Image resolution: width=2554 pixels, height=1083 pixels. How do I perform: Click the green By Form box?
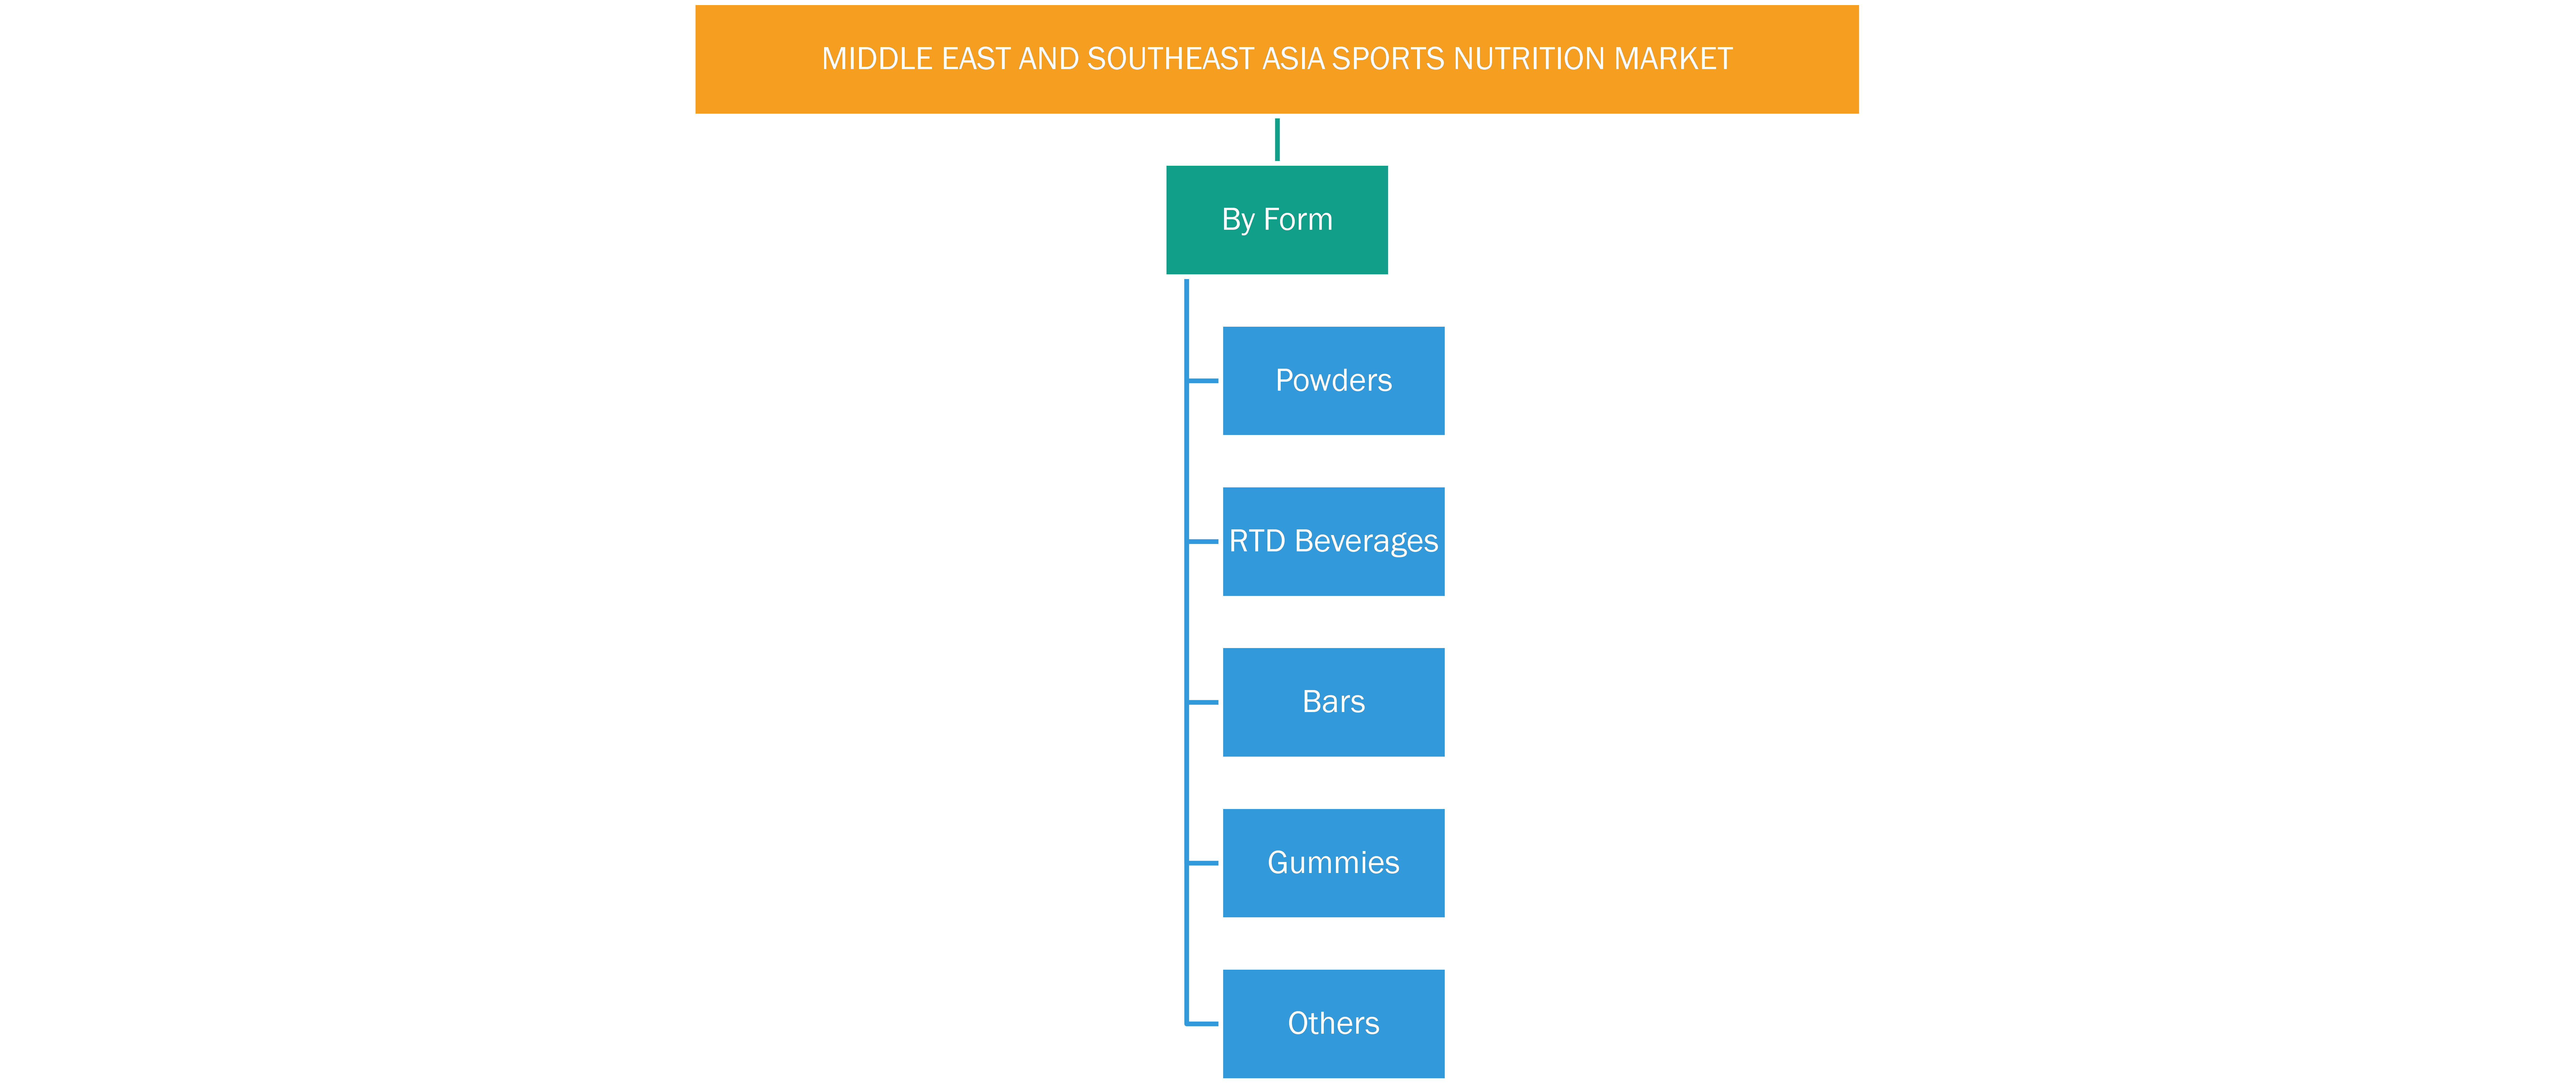point(1277,220)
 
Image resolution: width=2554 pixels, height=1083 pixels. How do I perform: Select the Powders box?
point(1334,381)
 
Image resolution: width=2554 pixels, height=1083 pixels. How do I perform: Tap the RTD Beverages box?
point(1334,541)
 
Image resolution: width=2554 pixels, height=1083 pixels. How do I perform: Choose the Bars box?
point(1334,702)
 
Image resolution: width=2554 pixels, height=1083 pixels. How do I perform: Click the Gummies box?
point(1334,863)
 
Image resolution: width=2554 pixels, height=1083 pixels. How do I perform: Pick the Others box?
point(1334,1024)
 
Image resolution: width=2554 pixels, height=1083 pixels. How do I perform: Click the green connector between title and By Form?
point(1277,140)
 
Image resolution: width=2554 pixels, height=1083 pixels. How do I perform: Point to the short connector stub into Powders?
point(1203,381)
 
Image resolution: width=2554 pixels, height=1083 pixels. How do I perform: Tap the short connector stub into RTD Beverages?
point(1203,541)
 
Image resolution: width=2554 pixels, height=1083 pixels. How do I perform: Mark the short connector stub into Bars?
point(1203,702)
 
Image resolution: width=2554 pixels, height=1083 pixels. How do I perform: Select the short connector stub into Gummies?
point(1203,863)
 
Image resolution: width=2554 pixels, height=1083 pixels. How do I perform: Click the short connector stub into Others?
point(1203,1024)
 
